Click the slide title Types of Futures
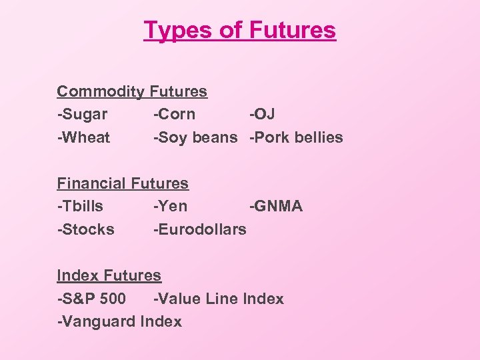pyautogui.click(x=240, y=31)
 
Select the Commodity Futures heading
pyautogui.click(x=132, y=91)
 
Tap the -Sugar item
pyautogui.click(x=82, y=115)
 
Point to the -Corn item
pyautogui.click(x=174, y=115)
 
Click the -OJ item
pyautogui.click(x=262, y=115)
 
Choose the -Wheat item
pyautogui.click(x=83, y=138)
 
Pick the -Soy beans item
pyautogui.click(x=195, y=138)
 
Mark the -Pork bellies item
pyautogui.click(x=296, y=138)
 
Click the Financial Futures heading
pyautogui.click(x=123, y=183)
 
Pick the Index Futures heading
pyautogui.click(x=109, y=275)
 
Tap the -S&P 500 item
pyautogui.click(x=91, y=299)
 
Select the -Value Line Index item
pyautogui.click(x=218, y=299)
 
